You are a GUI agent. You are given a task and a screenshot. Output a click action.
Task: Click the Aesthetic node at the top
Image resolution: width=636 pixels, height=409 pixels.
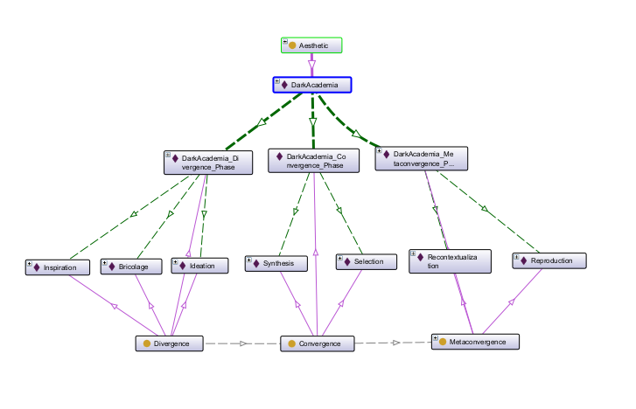click(311, 45)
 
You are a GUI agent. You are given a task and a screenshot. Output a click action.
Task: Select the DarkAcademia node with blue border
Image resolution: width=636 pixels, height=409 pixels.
click(311, 85)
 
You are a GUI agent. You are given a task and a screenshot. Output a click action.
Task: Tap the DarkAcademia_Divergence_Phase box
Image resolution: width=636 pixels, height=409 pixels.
click(208, 163)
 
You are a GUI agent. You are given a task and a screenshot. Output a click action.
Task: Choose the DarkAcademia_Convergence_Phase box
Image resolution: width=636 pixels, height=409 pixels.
click(312, 161)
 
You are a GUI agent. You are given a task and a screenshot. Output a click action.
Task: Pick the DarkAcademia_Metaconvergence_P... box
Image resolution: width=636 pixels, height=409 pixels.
click(421, 158)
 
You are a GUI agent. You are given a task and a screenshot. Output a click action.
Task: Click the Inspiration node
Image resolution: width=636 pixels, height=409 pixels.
click(59, 267)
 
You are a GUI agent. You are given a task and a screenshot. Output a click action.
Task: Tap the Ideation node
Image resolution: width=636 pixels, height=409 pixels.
click(200, 265)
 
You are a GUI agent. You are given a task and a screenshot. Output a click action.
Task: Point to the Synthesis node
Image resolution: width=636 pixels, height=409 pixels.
click(276, 263)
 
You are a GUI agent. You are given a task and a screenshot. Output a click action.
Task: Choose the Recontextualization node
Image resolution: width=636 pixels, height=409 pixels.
click(450, 261)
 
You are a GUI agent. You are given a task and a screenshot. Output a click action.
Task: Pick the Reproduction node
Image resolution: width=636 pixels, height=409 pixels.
click(549, 260)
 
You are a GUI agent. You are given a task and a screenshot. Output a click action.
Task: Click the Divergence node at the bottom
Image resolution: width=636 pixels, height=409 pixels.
click(170, 343)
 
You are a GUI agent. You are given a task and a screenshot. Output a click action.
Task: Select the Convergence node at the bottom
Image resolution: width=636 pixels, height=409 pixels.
click(317, 343)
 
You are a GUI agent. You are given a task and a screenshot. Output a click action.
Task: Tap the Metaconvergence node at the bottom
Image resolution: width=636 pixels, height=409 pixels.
click(476, 342)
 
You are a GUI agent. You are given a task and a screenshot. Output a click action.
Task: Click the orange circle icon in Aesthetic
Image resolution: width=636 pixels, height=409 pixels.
click(293, 45)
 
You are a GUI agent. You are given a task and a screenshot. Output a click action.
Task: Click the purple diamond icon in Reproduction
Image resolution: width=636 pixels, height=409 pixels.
click(525, 260)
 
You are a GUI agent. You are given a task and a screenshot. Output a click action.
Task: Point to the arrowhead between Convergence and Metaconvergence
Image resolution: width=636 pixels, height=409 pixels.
click(396, 343)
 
